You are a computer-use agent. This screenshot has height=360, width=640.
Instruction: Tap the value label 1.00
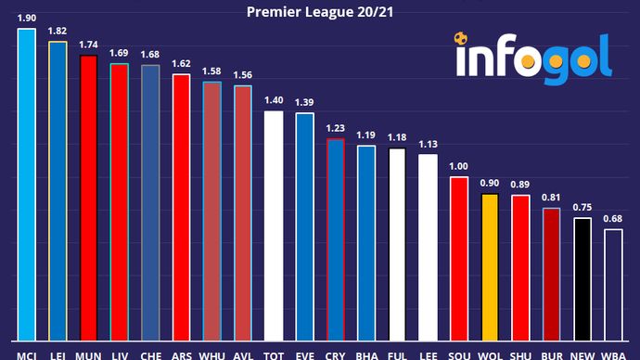click(459, 167)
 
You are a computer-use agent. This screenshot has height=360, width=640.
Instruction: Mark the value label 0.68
click(614, 220)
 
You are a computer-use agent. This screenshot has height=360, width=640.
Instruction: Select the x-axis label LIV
click(119, 354)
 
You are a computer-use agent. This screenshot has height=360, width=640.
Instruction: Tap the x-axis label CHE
click(150, 354)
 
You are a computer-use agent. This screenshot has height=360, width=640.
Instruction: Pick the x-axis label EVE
click(304, 354)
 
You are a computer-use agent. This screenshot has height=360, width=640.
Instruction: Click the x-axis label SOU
click(459, 354)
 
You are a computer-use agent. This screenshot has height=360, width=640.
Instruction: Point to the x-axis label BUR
click(552, 354)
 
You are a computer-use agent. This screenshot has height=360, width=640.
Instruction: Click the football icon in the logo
click(461, 40)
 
